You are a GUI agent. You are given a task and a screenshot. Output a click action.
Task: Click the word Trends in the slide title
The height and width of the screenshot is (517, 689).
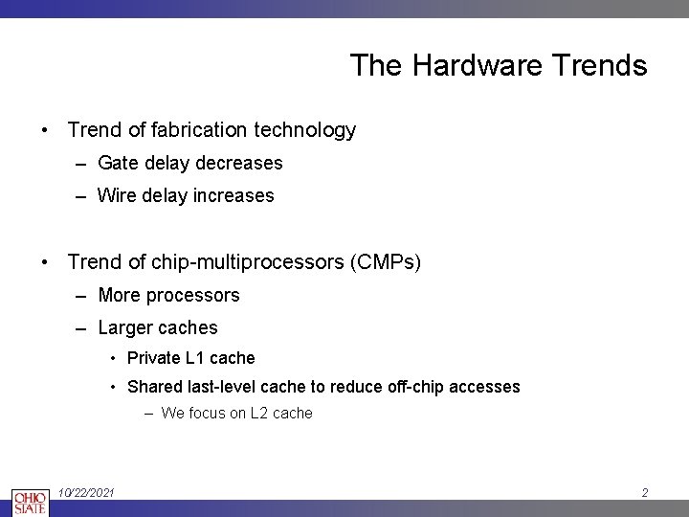[x=599, y=66]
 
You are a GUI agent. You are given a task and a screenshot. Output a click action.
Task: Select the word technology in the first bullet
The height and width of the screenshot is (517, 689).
[x=308, y=130]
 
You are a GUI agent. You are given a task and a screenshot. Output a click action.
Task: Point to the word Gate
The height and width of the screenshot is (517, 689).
[x=119, y=163]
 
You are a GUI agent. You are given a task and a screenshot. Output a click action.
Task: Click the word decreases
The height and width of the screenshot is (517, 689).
[x=239, y=163]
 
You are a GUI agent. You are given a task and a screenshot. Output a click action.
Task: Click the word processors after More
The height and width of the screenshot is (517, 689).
[x=191, y=295]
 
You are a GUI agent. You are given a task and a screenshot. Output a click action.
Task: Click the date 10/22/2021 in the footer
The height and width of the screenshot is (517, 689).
[x=86, y=492]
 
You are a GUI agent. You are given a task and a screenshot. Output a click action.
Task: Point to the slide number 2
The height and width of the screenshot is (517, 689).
[x=645, y=493]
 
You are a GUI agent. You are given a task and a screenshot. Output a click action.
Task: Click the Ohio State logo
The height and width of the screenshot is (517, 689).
[x=29, y=501]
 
